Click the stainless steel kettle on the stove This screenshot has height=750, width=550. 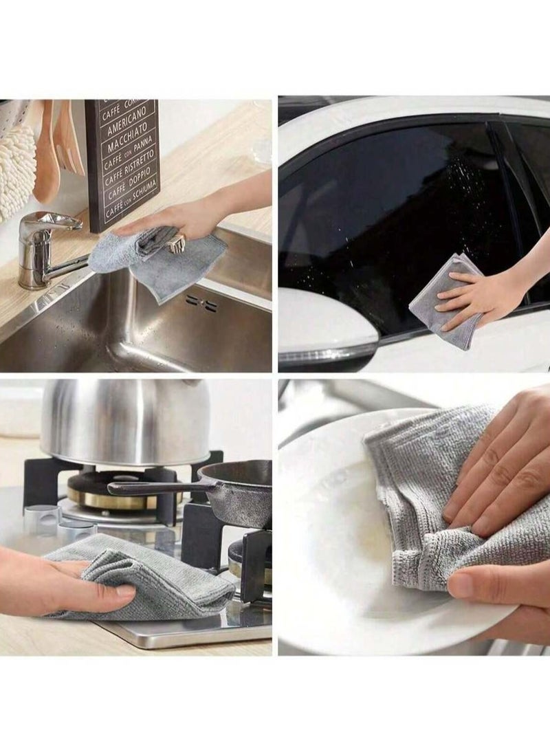(x=124, y=419)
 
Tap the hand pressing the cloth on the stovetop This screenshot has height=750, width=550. (x=62, y=584)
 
